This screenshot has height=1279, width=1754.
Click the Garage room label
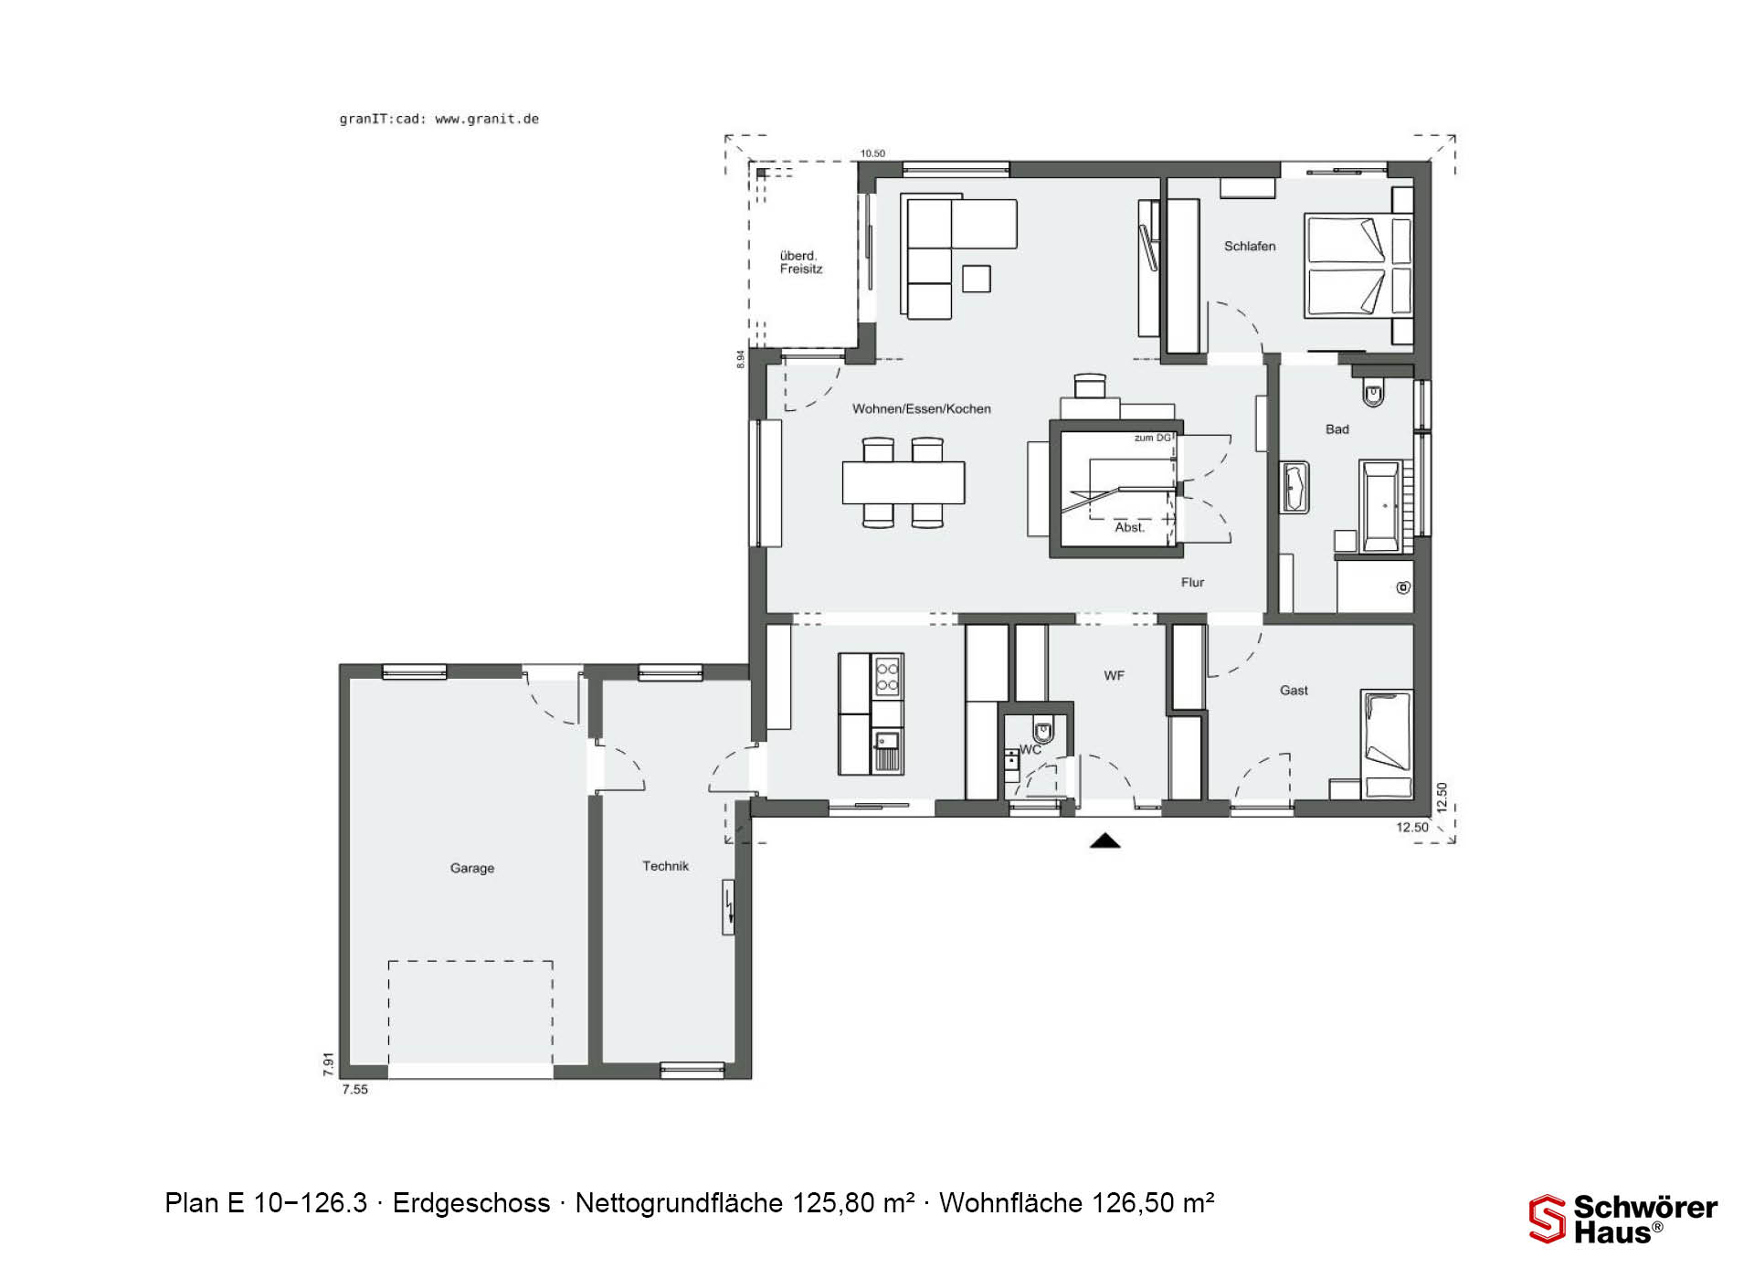tap(472, 868)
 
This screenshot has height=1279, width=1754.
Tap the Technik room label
tap(665, 866)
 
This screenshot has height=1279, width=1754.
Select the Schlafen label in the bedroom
tap(1250, 246)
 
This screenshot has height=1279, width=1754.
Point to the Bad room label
tap(1337, 428)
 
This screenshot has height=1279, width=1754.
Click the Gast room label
tap(1294, 690)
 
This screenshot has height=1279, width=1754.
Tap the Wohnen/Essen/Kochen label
tap(922, 408)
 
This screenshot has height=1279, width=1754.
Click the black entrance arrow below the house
tap(1105, 841)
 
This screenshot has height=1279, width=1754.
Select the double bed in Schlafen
tap(1358, 266)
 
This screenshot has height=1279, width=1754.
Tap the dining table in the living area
tap(903, 482)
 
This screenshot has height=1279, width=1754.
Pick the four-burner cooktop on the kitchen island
tap(887, 676)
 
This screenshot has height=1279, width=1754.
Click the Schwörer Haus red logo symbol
tap(1548, 1219)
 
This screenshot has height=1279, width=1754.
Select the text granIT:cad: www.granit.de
tap(439, 119)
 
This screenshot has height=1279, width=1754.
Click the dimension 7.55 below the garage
tap(354, 1089)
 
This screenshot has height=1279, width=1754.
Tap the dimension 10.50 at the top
tap(872, 153)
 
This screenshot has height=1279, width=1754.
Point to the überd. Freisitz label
tap(801, 262)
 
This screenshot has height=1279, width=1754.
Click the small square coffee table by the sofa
tap(977, 279)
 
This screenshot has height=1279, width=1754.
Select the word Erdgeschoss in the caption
tap(471, 1203)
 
